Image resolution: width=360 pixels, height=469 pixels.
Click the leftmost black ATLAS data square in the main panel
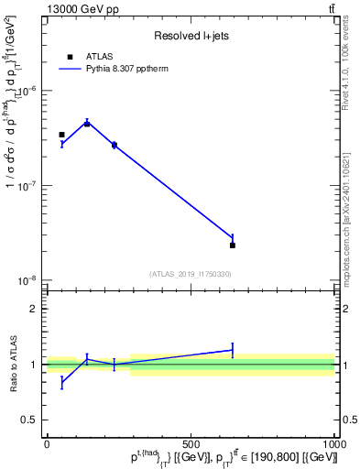(x=61, y=135)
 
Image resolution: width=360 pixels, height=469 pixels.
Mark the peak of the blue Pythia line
(x=87, y=122)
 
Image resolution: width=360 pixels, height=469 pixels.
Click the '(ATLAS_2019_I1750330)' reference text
(x=191, y=274)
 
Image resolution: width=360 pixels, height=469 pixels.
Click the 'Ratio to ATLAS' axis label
(x=14, y=364)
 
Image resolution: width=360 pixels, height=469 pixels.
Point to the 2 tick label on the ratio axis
(x=36, y=309)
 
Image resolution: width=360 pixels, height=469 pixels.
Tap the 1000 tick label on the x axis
(x=334, y=444)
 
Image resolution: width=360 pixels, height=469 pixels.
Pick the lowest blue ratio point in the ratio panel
(x=61, y=383)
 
